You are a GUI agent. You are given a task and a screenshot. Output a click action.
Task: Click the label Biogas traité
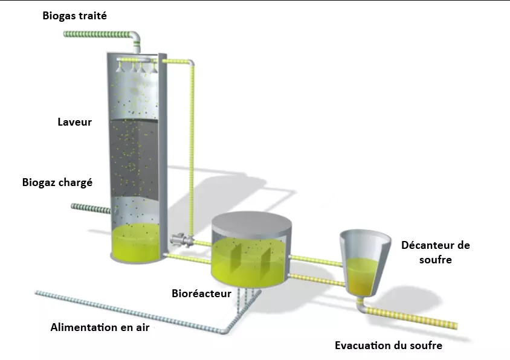click(74, 16)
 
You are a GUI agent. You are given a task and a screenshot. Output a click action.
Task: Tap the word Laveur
click(74, 122)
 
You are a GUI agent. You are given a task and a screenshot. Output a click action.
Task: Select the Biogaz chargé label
click(57, 182)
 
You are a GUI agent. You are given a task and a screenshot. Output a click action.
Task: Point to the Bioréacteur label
click(202, 294)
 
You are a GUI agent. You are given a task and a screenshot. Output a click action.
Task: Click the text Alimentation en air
click(100, 327)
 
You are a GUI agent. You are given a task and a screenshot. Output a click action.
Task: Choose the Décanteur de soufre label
click(435, 252)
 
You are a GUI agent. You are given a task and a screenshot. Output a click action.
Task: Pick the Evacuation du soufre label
click(389, 346)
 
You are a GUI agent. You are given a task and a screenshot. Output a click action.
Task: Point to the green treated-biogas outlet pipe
click(97, 33)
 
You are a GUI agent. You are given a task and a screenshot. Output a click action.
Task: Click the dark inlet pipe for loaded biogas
click(91, 208)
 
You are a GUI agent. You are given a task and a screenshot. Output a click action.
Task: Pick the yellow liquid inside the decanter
click(363, 275)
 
